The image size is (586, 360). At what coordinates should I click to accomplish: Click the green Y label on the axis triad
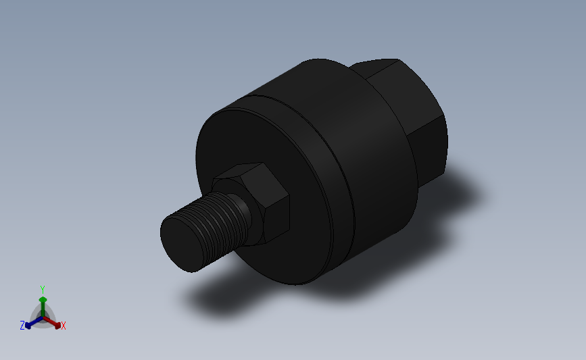click(x=43, y=289)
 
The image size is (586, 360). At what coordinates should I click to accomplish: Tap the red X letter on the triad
click(x=64, y=326)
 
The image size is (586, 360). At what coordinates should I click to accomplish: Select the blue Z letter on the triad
click(x=22, y=326)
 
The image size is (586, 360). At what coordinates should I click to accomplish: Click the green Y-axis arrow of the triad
click(x=43, y=303)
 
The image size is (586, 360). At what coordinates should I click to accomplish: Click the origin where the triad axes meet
click(x=43, y=316)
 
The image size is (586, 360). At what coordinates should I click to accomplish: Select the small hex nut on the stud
click(x=260, y=203)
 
